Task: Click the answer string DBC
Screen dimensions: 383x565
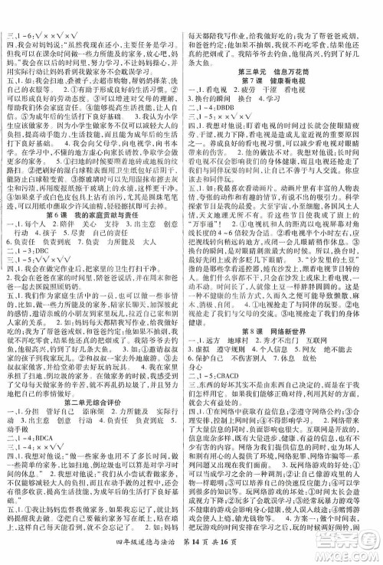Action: [45, 228]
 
